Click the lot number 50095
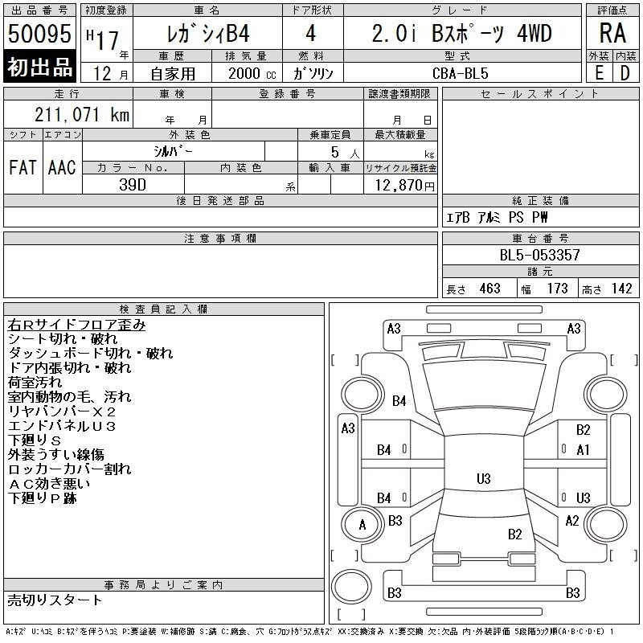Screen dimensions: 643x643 click(x=39, y=33)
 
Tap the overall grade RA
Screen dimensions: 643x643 click(x=612, y=33)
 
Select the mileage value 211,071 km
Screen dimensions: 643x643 click(x=82, y=114)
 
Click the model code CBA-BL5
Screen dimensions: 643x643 click(x=461, y=73)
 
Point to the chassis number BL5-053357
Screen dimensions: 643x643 click(x=539, y=255)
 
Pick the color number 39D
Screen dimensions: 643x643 click(x=133, y=185)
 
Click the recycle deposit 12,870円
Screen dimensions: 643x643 click(x=405, y=186)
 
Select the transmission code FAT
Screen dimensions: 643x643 click(x=23, y=167)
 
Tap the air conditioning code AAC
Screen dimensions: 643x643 click(x=62, y=167)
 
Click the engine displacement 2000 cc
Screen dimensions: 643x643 click(x=252, y=73)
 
